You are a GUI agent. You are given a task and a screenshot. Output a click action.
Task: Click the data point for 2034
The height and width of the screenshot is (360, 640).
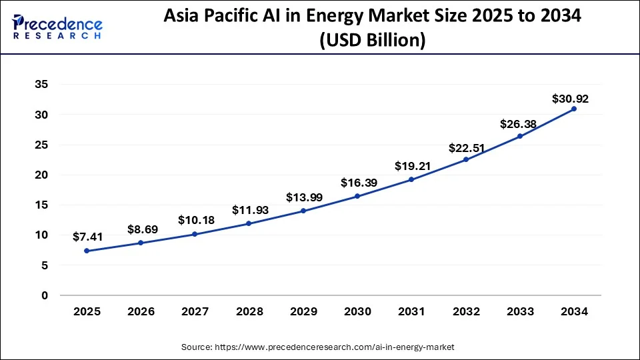574,109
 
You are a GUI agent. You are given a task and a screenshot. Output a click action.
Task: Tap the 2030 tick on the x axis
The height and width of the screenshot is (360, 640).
357,311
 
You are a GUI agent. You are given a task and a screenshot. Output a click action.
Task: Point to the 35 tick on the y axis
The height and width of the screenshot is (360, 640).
41,85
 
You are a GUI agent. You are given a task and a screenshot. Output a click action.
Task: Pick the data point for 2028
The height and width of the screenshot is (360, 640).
249,223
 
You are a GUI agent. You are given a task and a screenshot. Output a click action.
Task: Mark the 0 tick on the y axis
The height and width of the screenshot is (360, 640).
45,295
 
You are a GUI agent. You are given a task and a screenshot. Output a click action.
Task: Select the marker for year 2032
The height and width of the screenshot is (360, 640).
466,159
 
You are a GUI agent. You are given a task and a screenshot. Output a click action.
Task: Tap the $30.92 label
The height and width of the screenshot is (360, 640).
570,99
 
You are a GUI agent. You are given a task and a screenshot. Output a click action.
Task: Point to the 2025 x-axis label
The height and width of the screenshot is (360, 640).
87,311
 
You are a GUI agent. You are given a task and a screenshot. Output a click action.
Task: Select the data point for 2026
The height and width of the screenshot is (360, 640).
141,243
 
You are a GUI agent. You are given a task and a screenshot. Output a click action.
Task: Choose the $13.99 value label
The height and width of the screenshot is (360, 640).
303,197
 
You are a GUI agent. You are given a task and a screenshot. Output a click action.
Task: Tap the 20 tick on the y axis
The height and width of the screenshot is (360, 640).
41,175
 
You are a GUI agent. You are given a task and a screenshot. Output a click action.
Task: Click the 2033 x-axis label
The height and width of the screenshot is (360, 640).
520,311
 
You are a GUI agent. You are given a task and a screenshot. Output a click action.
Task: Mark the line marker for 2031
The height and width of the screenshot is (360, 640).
412,179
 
